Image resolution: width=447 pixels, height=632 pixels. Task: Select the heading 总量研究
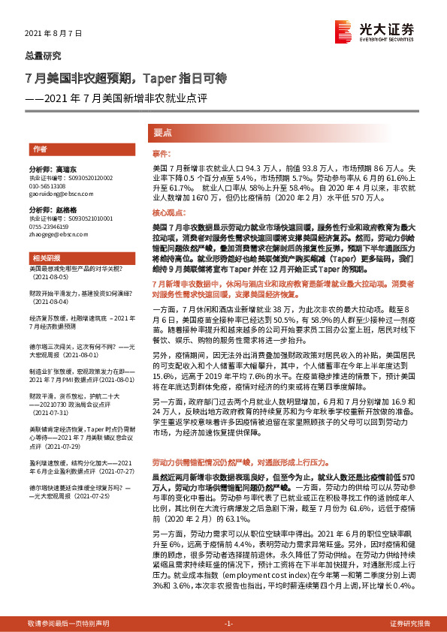pos(44,56)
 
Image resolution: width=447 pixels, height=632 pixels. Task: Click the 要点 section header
pos(163,132)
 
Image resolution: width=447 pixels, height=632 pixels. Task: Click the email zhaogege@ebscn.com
pos(61,233)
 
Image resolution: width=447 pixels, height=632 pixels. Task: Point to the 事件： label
pos(162,152)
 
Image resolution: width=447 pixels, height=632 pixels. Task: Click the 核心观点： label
pos(168,214)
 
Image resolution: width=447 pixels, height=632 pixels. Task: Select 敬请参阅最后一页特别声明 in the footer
pos(68,624)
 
